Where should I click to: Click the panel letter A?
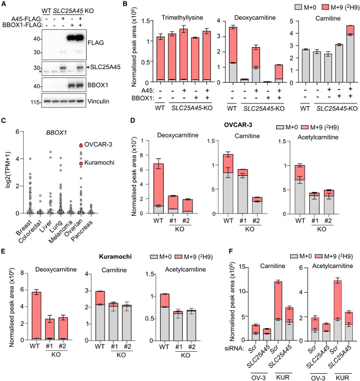click(x=4, y=4)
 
